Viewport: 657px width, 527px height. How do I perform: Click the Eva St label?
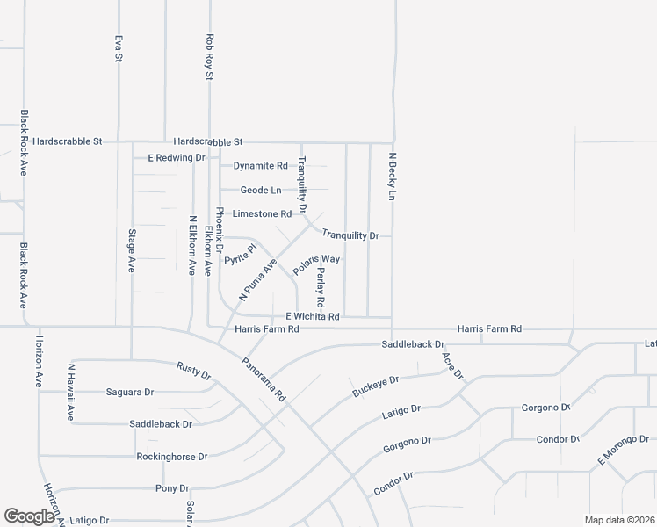[x=118, y=48]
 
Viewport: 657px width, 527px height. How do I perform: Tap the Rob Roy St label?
[x=209, y=57]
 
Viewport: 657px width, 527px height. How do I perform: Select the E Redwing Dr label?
[x=176, y=158]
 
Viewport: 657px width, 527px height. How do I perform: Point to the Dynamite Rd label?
[x=260, y=165]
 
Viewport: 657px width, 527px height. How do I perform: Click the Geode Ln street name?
[x=262, y=190]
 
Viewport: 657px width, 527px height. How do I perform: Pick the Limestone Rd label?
[x=262, y=213]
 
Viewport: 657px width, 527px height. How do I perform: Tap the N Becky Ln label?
[x=393, y=177]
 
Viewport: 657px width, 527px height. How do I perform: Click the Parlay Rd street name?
[x=321, y=288]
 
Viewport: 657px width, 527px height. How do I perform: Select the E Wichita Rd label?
[x=312, y=316]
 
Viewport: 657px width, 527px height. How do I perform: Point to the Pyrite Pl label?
[x=240, y=255]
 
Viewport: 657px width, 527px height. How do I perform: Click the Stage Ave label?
[x=132, y=250]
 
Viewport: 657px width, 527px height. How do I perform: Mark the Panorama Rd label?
[x=264, y=379]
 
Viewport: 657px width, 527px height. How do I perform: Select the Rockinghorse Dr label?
[x=171, y=457]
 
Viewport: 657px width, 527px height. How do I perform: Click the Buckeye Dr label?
[x=376, y=386]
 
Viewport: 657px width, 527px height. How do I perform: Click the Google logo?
[x=30, y=516]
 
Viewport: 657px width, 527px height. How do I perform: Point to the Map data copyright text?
[x=619, y=520]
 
